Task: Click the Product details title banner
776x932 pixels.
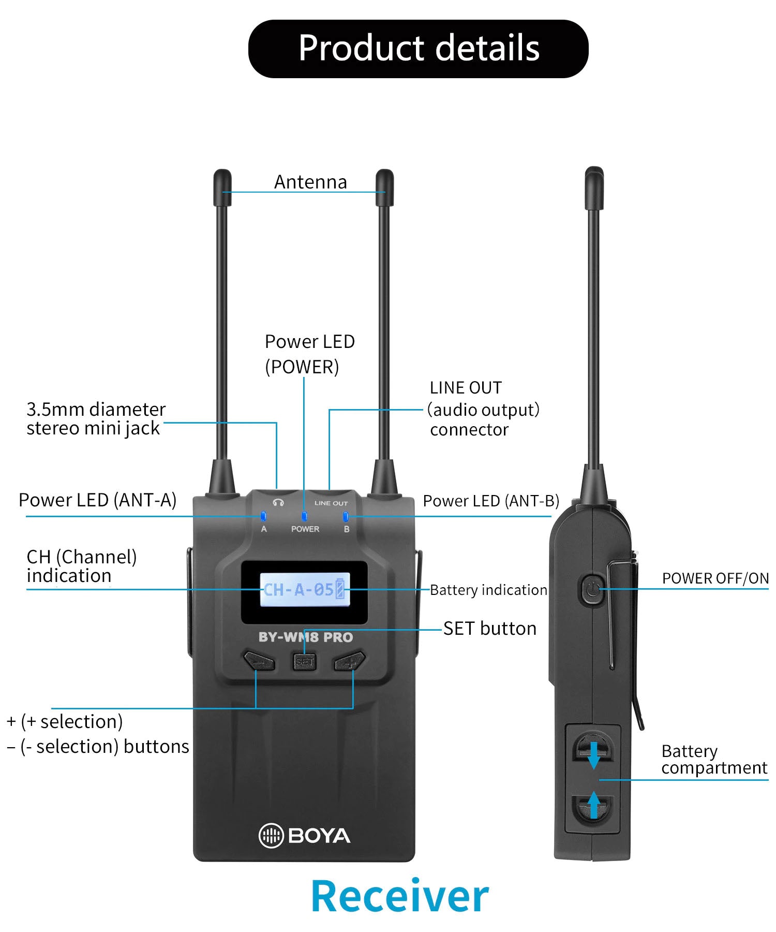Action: tap(418, 49)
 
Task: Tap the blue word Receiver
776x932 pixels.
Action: tap(399, 896)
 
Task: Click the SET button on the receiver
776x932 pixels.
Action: tap(304, 661)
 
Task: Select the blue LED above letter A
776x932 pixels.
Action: tap(263, 516)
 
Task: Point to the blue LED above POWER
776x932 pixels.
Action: tap(304, 516)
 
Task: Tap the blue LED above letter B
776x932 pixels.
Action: tap(346, 516)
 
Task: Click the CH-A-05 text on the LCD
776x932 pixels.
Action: tap(298, 589)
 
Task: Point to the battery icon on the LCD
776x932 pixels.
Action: tap(340, 589)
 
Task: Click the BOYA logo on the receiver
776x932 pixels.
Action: tap(304, 835)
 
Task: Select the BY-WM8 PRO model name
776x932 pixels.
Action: tap(305, 637)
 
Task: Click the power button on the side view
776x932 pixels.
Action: tap(592, 589)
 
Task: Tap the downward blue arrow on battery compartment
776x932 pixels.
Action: tap(594, 755)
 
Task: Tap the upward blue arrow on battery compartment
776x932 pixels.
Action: tap(594, 806)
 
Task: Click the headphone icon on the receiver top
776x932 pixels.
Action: tap(278, 503)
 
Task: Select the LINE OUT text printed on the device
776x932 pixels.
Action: tap(331, 503)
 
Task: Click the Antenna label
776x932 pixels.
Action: tap(310, 182)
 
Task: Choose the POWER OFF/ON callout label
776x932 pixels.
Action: tap(715, 578)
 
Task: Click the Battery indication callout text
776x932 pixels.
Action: tap(488, 590)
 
